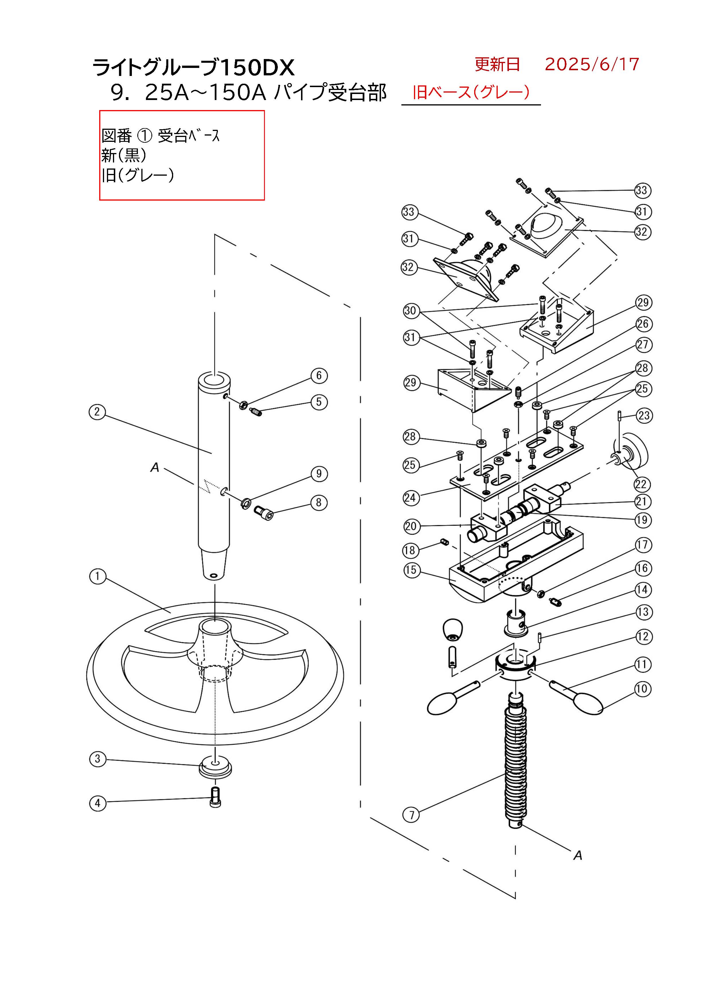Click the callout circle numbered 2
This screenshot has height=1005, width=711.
coord(97,412)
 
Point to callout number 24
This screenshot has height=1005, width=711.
coord(411,498)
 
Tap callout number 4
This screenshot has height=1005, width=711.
coord(98,803)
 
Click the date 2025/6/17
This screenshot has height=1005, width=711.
coord(592,64)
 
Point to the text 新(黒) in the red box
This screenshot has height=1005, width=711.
coord(124,155)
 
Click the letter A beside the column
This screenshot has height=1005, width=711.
coord(155,467)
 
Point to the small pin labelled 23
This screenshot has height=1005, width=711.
coord(620,416)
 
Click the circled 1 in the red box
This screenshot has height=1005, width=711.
coord(144,136)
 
